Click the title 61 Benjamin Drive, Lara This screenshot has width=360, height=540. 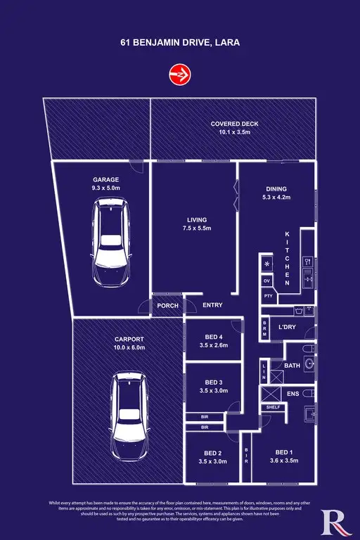point(180,41)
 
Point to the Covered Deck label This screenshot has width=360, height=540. point(235,124)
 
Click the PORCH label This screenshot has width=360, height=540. point(167,305)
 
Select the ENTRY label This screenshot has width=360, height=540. point(212,305)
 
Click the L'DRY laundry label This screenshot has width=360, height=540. point(287,328)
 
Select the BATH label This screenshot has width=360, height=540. point(293,366)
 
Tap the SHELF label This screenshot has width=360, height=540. point(271,407)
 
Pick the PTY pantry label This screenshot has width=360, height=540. point(267,296)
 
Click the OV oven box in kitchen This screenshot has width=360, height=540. point(266,281)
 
